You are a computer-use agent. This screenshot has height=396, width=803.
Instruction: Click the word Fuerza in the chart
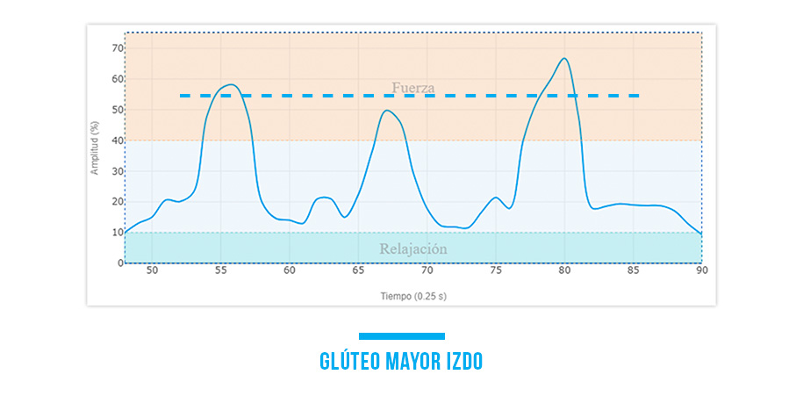click(x=413, y=88)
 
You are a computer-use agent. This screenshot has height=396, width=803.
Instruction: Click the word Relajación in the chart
click(x=413, y=249)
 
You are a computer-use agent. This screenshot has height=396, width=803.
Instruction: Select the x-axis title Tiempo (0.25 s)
click(x=413, y=296)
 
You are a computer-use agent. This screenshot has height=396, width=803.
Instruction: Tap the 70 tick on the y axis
click(x=116, y=47)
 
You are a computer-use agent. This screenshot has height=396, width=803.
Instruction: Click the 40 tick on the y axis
click(x=116, y=140)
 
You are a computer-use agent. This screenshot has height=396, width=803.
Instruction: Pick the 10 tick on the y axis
click(x=116, y=233)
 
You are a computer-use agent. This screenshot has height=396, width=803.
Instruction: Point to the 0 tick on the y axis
click(x=118, y=263)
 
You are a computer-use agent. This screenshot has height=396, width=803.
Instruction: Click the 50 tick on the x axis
click(x=152, y=272)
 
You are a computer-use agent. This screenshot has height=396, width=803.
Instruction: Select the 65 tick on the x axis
click(x=358, y=272)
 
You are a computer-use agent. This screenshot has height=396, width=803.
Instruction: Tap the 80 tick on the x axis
click(x=564, y=272)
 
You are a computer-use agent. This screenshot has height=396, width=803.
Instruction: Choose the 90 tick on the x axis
click(x=701, y=272)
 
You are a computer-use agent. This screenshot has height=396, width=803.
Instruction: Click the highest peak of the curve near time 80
click(x=564, y=59)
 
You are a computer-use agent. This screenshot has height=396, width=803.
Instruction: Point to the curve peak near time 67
click(x=387, y=111)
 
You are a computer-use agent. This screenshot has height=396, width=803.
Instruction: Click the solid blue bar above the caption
click(x=402, y=336)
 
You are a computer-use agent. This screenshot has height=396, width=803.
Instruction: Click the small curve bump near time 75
click(x=496, y=198)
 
